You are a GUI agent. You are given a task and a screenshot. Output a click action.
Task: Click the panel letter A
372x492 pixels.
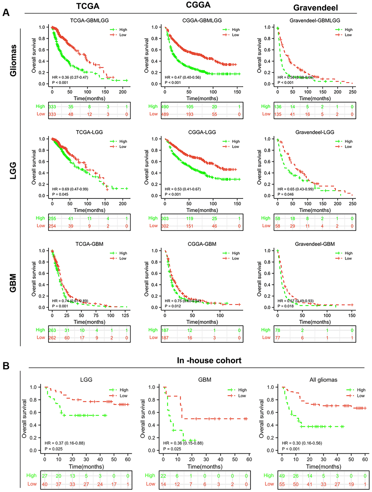click(6, 13)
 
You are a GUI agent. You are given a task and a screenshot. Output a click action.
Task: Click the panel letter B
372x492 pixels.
click(6, 366)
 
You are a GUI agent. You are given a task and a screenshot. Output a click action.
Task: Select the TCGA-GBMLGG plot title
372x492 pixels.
click(89, 20)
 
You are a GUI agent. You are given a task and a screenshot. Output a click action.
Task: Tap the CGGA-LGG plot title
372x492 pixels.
click(202, 132)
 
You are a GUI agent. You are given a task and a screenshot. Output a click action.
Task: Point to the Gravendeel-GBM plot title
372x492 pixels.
click(315, 244)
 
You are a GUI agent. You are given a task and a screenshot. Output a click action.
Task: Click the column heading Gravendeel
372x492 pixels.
click(315, 8)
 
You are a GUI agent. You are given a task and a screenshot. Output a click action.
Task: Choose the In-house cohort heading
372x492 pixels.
click(209, 361)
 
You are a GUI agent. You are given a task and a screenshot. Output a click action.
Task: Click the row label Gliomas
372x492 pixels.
click(13, 60)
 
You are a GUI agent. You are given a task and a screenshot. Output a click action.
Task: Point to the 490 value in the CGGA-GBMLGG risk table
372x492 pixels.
click(165, 107)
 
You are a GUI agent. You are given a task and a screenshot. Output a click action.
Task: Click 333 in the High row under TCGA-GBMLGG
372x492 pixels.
click(53, 107)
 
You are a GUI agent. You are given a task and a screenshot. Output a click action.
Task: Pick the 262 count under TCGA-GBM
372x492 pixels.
click(53, 338)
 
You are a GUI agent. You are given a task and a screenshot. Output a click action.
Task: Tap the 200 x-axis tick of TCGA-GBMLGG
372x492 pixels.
click(123, 92)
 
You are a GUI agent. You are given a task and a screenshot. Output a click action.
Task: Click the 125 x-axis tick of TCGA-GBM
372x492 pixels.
click(125, 315)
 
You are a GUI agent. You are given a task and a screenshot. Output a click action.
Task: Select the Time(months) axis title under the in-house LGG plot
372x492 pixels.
click(86, 467)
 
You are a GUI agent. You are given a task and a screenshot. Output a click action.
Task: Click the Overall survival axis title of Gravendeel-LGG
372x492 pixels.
click(259, 167)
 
